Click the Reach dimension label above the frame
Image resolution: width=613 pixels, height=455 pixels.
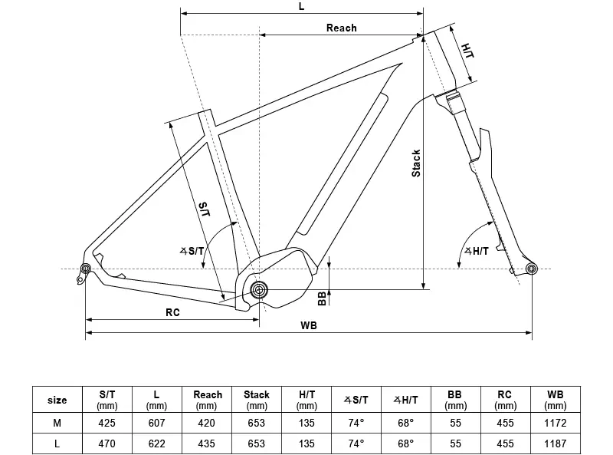coord(341,28)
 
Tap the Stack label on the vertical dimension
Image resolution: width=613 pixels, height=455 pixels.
coord(416,163)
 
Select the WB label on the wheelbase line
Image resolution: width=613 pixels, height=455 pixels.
coord(309,325)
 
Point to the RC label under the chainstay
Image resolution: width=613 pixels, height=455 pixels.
coord(172,312)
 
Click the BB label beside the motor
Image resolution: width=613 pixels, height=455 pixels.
coord(322,298)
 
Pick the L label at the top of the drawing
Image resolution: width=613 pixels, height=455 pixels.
coord(301,6)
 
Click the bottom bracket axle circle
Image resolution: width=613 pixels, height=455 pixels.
coord(259,290)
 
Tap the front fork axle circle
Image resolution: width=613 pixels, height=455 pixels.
coord(532,268)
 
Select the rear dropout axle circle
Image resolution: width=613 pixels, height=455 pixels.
coord(85,268)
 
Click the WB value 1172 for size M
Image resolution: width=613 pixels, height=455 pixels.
coord(556,422)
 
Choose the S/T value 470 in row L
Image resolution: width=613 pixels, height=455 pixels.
coord(107,443)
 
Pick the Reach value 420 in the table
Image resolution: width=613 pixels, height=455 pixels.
coord(207,422)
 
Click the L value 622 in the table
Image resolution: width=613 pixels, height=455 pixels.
coord(156,443)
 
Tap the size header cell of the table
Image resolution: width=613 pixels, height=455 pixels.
coord(57,400)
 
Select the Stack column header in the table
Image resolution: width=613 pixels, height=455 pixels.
coord(257,400)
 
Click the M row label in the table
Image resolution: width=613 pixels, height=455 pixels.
coord(57,422)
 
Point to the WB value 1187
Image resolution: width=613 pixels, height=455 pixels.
coord(556,443)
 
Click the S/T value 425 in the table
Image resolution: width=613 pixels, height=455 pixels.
coord(107,422)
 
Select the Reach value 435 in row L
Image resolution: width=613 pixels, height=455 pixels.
coord(207,443)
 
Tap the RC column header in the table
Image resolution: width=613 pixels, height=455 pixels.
coord(506,400)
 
